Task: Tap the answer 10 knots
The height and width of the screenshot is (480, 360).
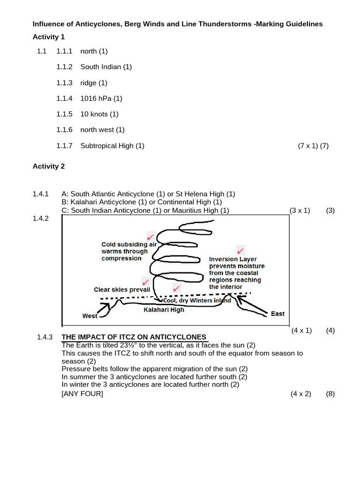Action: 95,114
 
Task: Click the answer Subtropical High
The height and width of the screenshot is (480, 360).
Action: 107,146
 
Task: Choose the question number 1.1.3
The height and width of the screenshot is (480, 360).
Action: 64,83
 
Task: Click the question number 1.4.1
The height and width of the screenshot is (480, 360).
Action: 41,194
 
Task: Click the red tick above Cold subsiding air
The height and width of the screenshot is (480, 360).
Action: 150,236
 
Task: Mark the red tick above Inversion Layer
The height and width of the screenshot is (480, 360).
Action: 240,250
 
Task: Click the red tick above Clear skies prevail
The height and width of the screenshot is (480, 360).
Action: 146,282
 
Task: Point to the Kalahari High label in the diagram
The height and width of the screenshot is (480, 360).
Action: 164,310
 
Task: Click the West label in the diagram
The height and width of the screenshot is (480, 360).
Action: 90,316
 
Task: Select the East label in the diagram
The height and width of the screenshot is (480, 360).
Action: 277,314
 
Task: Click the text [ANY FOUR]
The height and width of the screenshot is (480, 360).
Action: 82,394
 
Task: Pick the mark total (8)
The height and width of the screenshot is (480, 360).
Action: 330,394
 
